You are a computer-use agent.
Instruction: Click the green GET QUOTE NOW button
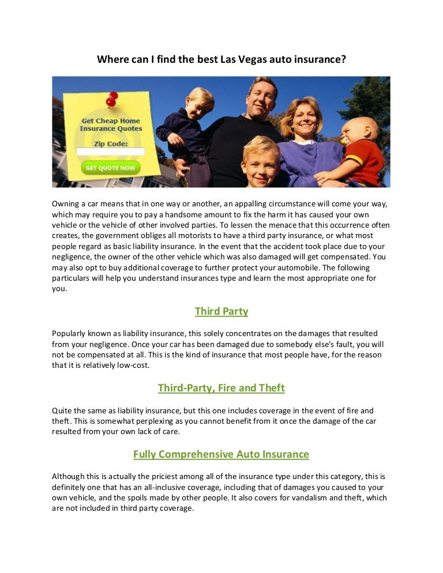click(111, 168)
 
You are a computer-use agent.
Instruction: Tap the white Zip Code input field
click(111, 152)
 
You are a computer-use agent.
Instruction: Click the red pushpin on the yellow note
click(112, 99)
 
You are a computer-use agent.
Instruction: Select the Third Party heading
click(221, 311)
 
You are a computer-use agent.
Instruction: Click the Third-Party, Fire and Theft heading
click(221, 388)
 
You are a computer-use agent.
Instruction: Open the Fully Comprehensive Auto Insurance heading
click(221, 454)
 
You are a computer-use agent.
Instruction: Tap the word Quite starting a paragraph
click(62, 410)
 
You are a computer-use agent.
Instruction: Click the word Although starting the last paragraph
click(69, 476)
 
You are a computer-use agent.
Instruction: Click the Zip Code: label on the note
click(111, 141)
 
